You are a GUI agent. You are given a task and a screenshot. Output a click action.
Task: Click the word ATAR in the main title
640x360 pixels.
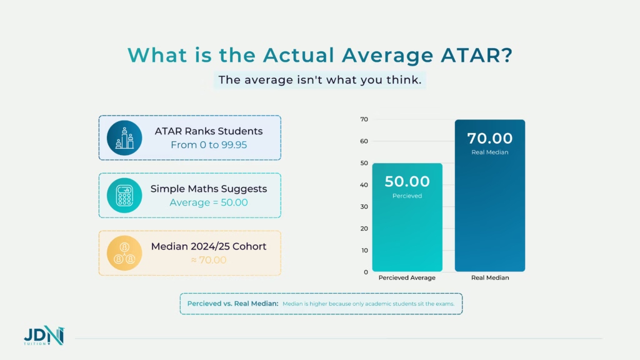[468, 55]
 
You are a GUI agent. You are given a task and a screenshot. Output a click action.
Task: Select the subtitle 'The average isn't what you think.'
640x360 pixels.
[319, 81]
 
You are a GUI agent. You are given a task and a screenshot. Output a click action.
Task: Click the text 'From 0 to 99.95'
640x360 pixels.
[208, 145]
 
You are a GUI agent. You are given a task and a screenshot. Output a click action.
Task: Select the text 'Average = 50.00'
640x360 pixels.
[208, 202]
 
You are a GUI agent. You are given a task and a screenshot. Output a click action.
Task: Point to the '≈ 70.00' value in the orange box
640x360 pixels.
[208, 260]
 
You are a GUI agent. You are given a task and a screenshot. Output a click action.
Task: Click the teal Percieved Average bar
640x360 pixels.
[407, 237]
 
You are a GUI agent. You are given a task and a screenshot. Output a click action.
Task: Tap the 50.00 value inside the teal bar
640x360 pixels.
[407, 182]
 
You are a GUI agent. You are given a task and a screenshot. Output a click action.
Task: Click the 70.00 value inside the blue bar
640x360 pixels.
[489, 138]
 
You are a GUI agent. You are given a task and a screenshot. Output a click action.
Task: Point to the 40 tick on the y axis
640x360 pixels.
[364, 185]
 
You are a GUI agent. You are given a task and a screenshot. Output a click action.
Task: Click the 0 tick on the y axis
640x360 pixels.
[366, 272]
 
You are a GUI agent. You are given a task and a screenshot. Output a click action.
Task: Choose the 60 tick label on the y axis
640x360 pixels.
[364, 141]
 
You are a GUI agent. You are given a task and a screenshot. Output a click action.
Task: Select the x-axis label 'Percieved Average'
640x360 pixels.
[407, 277]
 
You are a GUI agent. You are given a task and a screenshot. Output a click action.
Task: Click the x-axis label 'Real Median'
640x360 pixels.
[489, 277]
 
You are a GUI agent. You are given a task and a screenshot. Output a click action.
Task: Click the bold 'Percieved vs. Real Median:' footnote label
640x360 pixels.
[232, 304]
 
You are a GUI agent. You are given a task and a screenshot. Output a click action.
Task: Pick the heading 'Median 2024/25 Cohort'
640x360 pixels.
[208, 246]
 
